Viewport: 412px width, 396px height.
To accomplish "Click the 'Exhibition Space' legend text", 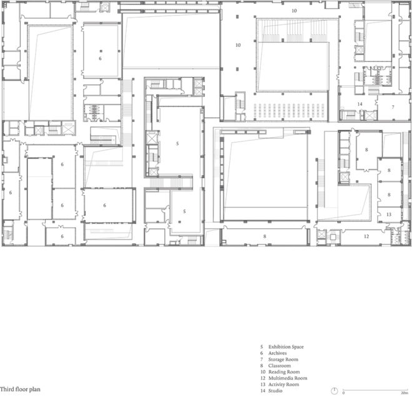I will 285,347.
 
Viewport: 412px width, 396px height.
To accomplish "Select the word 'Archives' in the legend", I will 278,353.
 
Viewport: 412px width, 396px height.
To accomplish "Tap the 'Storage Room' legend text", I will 283,360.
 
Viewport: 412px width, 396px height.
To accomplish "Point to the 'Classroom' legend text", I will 280,366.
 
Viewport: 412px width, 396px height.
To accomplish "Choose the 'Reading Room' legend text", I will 284,372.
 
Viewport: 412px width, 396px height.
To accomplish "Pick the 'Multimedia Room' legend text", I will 288,378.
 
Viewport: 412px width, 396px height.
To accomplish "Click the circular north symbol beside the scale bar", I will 335,390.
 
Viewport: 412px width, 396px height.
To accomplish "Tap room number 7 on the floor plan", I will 393,108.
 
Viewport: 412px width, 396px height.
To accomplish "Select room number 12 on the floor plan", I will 367,236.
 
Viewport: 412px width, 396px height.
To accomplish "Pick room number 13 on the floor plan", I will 388,214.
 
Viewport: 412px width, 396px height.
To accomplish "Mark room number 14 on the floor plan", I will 360,104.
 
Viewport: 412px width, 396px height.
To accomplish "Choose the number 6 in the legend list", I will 262,353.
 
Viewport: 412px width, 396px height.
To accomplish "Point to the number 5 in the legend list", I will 262,347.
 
